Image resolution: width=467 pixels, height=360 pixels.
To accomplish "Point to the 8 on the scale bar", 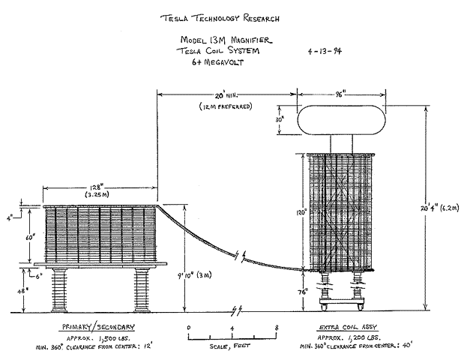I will coord(277,328).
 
